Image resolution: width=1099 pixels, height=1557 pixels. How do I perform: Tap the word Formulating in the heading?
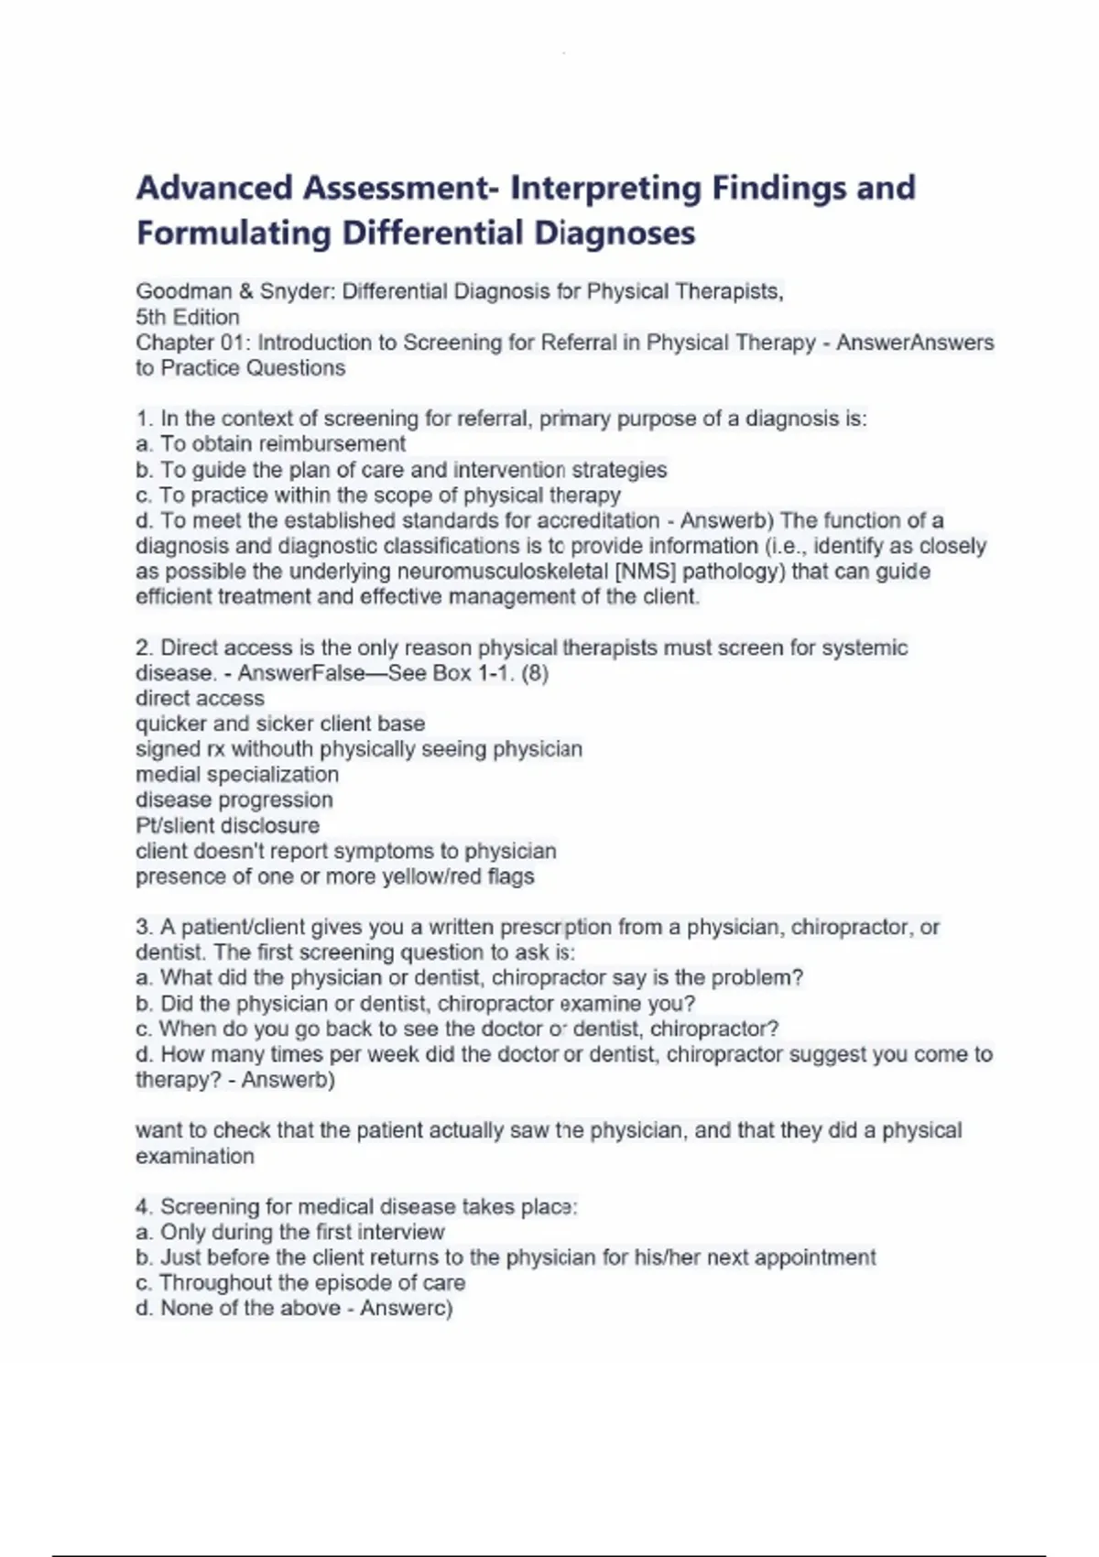click(234, 234)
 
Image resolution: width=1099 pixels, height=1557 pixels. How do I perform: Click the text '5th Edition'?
click(188, 317)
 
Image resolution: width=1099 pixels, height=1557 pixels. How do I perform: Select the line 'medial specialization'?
click(237, 775)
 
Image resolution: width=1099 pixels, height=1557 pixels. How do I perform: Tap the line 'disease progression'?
click(234, 800)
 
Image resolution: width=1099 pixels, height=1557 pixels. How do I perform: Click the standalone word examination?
click(195, 1156)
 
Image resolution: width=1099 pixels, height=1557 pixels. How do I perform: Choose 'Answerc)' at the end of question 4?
click(407, 1308)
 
